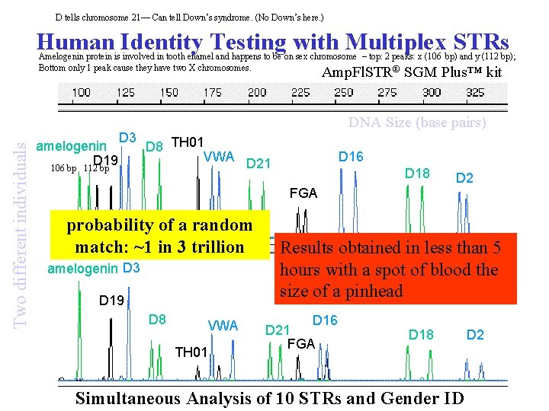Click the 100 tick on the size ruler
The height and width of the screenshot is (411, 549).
coord(81,93)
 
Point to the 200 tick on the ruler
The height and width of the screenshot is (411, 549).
coord(257,93)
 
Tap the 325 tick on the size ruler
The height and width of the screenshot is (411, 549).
coord(476,93)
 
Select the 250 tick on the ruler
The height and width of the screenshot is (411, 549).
coord(344,93)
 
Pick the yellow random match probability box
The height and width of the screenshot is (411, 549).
coord(159,236)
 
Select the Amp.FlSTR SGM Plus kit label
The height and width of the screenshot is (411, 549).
coord(412,73)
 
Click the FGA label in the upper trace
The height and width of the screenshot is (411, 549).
coord(303,193)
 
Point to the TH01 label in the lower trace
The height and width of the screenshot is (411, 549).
coord(191,352)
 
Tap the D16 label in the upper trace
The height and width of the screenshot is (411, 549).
coord(352,156)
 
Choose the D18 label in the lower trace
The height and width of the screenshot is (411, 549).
coord(421,333)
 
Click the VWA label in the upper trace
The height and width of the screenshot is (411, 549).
coord(220,157)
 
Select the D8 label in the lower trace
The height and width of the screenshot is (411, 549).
coord(158,320)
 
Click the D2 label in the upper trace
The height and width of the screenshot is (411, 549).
coord(464,178)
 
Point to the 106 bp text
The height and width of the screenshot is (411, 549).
coord(63,168)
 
